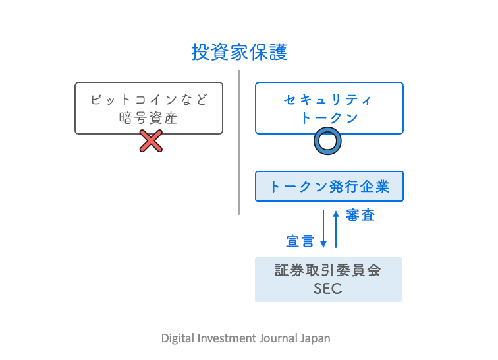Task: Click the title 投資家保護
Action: point(239,52)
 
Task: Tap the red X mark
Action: point(151,140)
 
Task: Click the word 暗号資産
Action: point(148,118)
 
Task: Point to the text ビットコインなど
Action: point(148,100)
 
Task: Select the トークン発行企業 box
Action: point(329,187)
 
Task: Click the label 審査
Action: point(360,215)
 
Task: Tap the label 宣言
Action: point(300,241)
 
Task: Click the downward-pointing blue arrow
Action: point(323,229)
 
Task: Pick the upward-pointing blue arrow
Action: point(336,228)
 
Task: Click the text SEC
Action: point(328,289)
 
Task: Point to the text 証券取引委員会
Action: point(328,271)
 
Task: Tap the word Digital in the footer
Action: point(177,338)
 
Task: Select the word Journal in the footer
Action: point(281,338)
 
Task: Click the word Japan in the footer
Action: point(316,338)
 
